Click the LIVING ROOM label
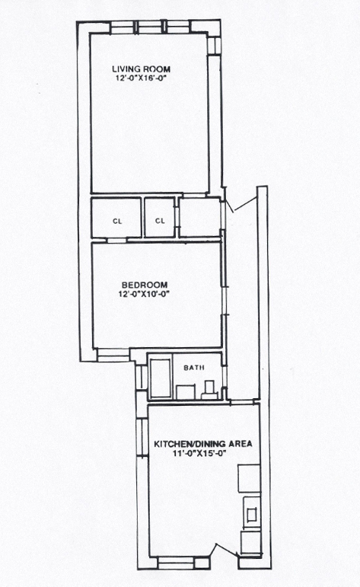[x=141, y=69]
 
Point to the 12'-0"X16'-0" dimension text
[x=141, y=78]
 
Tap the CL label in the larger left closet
[x=117, y=222]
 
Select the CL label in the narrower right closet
[x=160, y=221]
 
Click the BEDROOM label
[x=145, y=286]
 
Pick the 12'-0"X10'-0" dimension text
[x=145, y=294]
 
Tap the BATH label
[x=194, y=368]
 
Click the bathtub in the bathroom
[x=160, y=378]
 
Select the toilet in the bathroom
[x=209, y=390]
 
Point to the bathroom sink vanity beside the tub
[x=186, y=392]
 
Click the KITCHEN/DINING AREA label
[x=203, y=444]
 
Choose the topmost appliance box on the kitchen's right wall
[x=249, y=478]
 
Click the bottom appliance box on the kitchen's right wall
[x=250, y=543]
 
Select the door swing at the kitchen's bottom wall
[x=225, y=550]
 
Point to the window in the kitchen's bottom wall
[x=176, y=563]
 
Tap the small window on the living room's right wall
[x=215, y=45]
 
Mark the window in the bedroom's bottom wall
[x=113, y=355]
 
